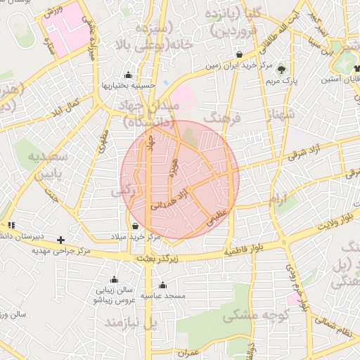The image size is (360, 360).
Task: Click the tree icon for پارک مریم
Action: point(282,70)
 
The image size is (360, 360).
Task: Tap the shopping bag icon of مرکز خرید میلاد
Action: point(135,226)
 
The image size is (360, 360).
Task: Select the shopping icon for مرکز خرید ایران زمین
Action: point(240,55)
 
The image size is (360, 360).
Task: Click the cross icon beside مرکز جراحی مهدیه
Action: point(60,240)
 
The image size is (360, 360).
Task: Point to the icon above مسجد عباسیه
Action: point(162,285)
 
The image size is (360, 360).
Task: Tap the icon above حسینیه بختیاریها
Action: point(128,75)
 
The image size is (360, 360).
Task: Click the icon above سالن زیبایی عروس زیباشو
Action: point(114,279)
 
